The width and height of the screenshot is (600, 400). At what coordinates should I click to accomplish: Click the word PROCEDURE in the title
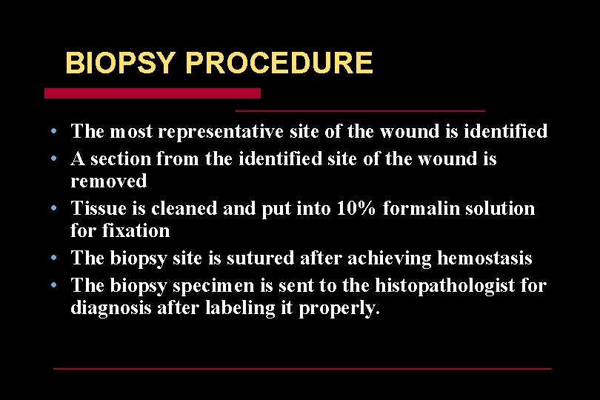pos(279,63)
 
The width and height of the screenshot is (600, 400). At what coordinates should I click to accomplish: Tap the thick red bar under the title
pos(153,93)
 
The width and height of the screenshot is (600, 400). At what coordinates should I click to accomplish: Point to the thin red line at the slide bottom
pos(302,368)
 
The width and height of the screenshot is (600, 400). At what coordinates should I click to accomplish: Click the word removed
pos(109,181)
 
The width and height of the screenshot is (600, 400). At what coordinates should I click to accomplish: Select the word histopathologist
pos(437,286)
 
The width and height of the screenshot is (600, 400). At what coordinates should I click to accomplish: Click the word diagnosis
pos(111,308)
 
